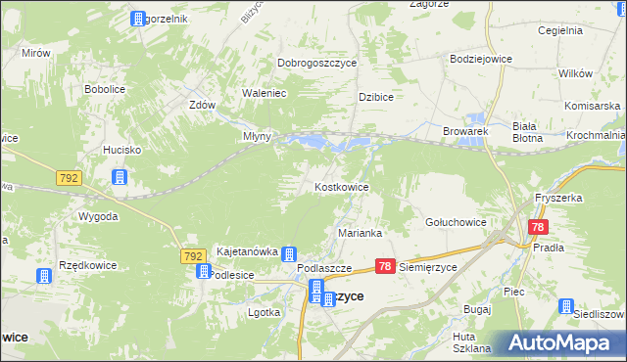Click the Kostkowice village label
(x=341, y=186)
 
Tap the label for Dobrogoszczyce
(x=316, y=63)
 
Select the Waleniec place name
(x=263, y=94)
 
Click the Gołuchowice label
(x=456, y=222)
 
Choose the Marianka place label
(x=360, y=233)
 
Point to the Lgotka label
(x=265, y=312)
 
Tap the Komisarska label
(x=592, y=105)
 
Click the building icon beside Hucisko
(x=120, y=177)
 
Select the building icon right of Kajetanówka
(x=290, y=253)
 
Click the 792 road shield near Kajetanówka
(x=194, y=255)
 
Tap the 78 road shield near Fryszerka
(x=537, y=227)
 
